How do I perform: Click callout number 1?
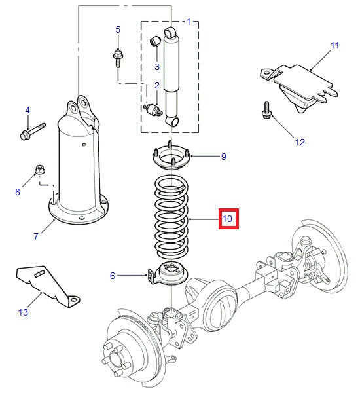(x=189, y=22)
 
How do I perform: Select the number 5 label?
(x=118, y=29)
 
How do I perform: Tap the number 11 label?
(x=334, y=45)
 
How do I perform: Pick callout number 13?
(x=23, y=312)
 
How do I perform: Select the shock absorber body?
(x=172, y=72)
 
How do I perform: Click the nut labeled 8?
(x=39, y=172)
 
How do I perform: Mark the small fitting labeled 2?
(x=155, y=108)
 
